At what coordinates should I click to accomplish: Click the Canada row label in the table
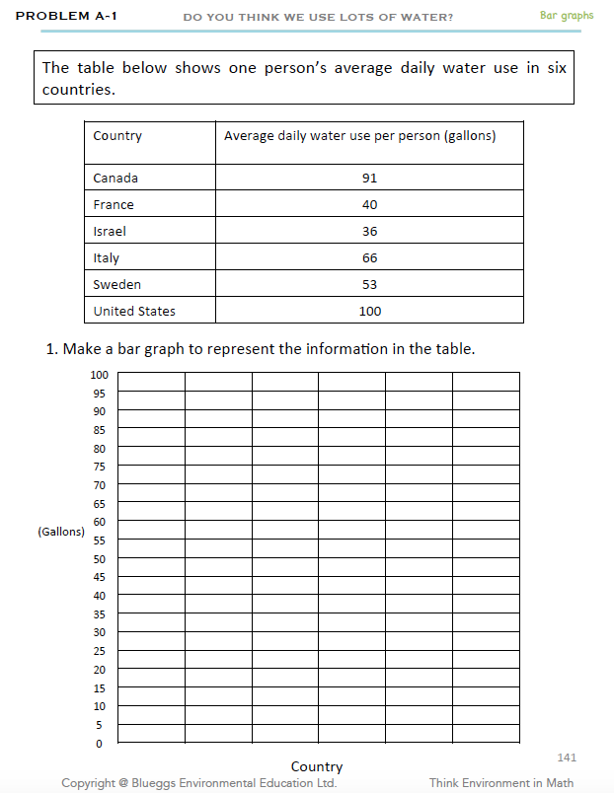point(115,179)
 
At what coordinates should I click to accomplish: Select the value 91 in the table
point(369,179)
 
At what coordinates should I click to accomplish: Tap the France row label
point(114,205)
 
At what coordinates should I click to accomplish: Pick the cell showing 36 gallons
point(369,232)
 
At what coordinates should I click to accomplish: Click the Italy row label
point(107,258)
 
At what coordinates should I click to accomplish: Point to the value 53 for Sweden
point(369,285)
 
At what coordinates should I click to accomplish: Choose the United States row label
point(134,312)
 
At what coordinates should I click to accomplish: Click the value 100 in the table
point(369,312)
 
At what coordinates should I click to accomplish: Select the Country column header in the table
point(117,136)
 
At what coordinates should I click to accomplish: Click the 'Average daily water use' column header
point(359,136)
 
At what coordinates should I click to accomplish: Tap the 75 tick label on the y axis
point(99,466)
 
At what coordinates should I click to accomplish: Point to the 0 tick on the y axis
point(99,744)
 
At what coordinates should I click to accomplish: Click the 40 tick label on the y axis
point(99,596)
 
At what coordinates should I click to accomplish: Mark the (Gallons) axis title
point(61,532)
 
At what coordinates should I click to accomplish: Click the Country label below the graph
point(317,766)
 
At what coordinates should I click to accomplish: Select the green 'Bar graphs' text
point(567,16)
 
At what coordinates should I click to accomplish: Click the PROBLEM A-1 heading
point(67,16)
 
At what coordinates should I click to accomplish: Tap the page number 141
point(567,757)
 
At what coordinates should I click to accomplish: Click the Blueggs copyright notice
point(198,783)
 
